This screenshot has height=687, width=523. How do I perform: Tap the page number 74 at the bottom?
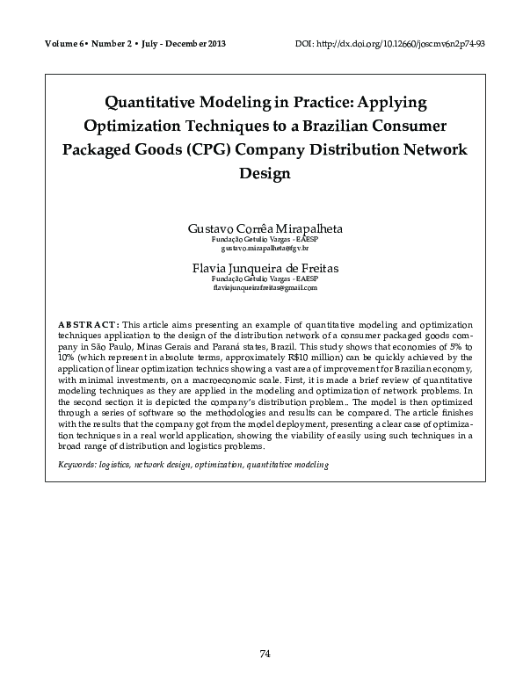pos(265,653)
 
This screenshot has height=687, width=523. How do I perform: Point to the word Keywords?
pos(78,464)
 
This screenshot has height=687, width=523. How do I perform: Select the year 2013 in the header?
pos(215,44)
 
